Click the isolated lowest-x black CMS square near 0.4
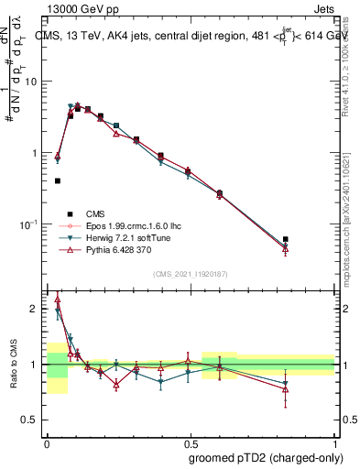click(x=58, y=181)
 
